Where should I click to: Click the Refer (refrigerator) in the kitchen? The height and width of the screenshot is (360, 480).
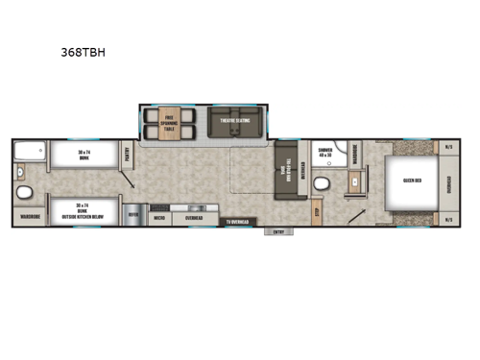132,217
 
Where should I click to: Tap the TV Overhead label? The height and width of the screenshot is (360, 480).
237,223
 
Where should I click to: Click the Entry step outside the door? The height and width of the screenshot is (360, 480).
280,230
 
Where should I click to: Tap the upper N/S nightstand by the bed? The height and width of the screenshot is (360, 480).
448,147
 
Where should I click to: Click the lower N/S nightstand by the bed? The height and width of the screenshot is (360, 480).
448,220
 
